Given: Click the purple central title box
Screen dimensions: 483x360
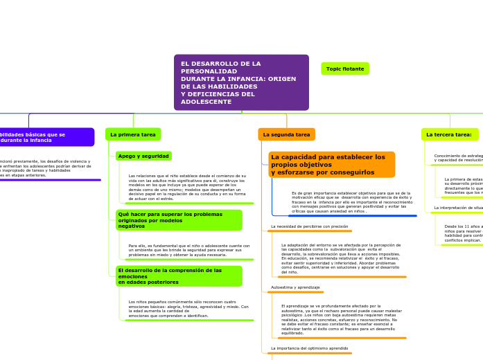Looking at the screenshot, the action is [x=241, y=82].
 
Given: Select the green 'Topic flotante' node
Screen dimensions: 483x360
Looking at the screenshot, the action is [x=345, y=69].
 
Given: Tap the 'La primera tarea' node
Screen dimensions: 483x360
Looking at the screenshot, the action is [x=133, y=134].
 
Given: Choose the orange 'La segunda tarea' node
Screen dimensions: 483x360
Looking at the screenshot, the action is [x=286, y=134].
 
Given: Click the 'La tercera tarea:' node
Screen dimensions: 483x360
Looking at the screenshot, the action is [x=449, y=134].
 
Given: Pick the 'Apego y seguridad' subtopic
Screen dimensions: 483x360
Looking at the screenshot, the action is [x=143, y=156].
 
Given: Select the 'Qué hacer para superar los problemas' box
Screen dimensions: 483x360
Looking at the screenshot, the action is [x=179, y=220].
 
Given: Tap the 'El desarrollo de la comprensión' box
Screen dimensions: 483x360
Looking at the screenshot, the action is [x=179, y=276].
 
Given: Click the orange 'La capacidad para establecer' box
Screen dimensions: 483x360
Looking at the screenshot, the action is [x=331, y=165].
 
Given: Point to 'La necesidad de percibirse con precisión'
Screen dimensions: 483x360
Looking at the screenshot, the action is [x=309, y=226].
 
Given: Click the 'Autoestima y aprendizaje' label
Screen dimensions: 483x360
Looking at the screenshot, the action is [x=295, y=287].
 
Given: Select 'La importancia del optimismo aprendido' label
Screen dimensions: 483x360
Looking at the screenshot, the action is [x=309, y=348].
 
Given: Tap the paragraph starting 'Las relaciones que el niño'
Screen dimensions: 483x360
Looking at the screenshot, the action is [x=187, y=187].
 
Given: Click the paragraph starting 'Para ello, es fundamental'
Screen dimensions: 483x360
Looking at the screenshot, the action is [x=189, y=250].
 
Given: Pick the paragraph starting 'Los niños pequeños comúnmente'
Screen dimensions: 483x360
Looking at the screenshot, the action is [x=188, y=309].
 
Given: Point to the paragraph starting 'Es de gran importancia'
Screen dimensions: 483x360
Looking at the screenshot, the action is [x=352, y=202].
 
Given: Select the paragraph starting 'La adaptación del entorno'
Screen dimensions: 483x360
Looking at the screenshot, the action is [x=341, y=258].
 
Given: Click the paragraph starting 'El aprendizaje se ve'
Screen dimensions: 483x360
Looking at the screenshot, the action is [x=342, y=319].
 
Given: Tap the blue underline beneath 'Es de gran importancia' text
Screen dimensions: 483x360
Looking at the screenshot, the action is [x=344, y=216].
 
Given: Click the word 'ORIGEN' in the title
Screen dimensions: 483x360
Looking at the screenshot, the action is [x=281, y=79].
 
